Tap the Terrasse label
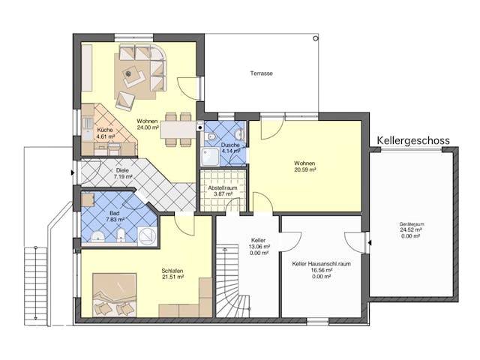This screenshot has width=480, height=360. click(x=261, y=73)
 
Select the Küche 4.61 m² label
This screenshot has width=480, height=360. click(x=105, y=134)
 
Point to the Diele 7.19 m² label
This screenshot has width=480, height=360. click(x=123, y=173)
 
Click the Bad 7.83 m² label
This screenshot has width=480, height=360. click(x=114, y=216)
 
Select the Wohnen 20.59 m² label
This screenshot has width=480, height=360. click(x=304, y=166)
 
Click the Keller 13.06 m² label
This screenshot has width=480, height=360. click(x=259, y=245)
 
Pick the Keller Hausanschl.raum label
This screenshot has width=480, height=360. click(x=321, y=268)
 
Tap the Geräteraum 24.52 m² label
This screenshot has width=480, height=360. click(x=412, y=229)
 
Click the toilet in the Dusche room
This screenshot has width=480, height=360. click(x=212, y=137)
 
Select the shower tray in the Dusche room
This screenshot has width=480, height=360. click(x=211, y=156)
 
